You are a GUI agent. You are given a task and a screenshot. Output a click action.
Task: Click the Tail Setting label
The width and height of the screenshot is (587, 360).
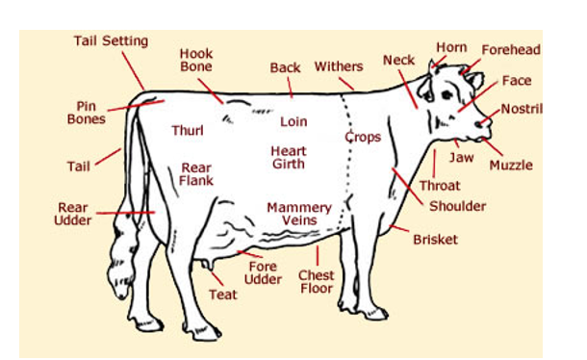tap(112, 41)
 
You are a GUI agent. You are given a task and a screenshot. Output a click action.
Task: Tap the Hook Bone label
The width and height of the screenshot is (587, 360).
tap(197, 60)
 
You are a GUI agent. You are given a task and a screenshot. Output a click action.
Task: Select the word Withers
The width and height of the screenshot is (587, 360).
tap(339, 67)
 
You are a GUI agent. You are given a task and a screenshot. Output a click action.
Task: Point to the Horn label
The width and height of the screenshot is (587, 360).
tap(451, 47)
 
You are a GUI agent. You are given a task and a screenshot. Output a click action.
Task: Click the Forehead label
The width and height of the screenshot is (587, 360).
tap(511, 50)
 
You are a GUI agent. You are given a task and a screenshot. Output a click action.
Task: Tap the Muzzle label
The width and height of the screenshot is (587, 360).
tap(510, 166)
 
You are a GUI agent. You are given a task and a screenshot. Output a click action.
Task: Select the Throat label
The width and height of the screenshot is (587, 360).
tap(440, 185)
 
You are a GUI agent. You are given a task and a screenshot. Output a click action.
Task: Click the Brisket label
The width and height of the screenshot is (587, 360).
tap(435, 239)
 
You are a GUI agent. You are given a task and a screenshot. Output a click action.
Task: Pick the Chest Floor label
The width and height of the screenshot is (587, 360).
tap(316, 282)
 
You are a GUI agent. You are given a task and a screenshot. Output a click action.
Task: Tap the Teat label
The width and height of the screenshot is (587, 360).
tap(223, 295)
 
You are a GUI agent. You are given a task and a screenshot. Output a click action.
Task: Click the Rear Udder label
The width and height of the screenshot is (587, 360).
tap(74, 214)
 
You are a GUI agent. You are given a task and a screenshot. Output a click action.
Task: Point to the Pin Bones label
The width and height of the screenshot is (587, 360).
tap(87, 113)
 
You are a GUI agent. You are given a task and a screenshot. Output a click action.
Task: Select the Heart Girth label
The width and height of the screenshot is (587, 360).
tap(288, 158)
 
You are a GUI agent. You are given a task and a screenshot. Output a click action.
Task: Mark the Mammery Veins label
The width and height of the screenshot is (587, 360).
tap(299, 214)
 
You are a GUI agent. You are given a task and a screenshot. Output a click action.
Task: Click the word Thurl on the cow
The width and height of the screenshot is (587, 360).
tap(187, 130)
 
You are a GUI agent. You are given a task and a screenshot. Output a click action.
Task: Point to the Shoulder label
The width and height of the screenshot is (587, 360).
tap(458, 206)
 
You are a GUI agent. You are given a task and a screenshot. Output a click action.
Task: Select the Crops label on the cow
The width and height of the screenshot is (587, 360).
tap(363, 138)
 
